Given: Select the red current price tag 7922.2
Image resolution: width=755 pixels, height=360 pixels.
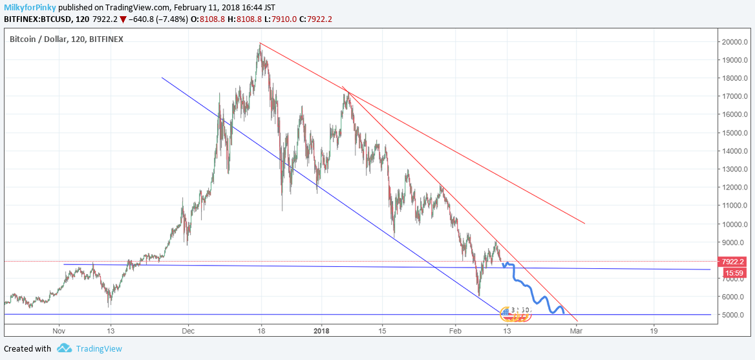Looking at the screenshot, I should (734, 262).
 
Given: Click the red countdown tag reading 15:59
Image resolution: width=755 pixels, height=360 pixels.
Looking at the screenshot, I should (734, 273).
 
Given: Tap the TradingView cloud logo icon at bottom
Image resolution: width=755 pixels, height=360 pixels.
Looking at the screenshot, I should (64, 348).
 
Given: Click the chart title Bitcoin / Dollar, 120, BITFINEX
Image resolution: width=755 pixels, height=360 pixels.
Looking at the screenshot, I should (67, 39).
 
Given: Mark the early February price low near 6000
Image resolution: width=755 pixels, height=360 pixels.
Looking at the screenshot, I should (479, 295).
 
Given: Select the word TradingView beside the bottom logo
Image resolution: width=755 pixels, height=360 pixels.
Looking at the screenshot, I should (99, 348).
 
